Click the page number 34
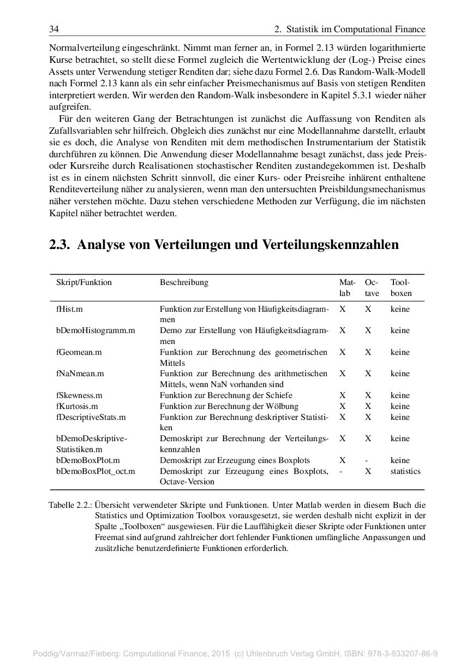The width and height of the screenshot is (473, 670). tap(54, 29)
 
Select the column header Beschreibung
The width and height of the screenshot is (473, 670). tap(184, 282)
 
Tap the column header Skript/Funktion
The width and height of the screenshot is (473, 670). tap(83, 282)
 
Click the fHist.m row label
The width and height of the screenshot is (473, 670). tap(69, 309)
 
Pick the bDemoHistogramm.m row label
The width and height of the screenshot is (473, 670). tap(95, 330)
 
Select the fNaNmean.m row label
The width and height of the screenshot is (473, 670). tap(80, 373)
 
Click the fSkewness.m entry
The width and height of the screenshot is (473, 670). tap(79, 395)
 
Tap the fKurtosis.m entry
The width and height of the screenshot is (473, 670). tap(77, 406)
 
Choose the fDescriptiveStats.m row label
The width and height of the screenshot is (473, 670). tap(91, 417)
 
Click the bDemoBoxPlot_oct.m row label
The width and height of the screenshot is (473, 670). tap(95, 471)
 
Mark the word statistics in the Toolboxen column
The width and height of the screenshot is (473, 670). tap(405, 471)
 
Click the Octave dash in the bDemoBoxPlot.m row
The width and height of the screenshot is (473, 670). tap(368, 460)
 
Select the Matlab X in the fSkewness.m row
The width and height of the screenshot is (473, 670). tap(342, 395)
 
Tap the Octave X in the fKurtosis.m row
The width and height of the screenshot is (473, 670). tap(368, 406)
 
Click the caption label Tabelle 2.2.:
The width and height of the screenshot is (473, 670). tap(70, 505)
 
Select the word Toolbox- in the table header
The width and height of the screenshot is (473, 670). tap(400, 282)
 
